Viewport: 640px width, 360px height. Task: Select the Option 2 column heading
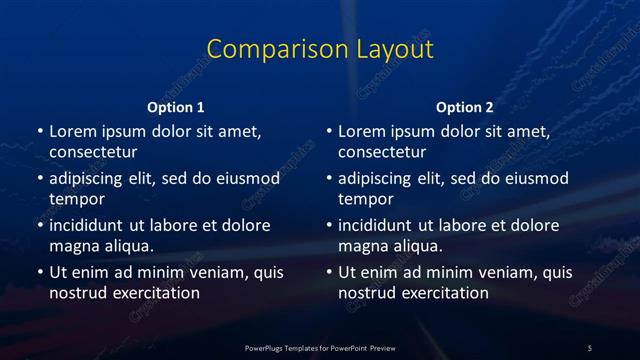(x=465, y=107)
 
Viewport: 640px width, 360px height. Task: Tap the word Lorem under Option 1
(x=71, y=131)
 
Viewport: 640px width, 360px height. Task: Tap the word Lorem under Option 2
(x=361, y=131)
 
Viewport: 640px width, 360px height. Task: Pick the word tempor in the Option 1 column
(x=77, y=199)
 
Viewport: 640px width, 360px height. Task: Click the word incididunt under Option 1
(x=90, y=225)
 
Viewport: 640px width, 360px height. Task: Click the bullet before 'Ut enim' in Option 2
(x=329, y=272)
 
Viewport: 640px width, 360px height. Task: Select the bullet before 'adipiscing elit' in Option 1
(x=39, y=178)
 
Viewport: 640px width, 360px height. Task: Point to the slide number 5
(x=590, y=347)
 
